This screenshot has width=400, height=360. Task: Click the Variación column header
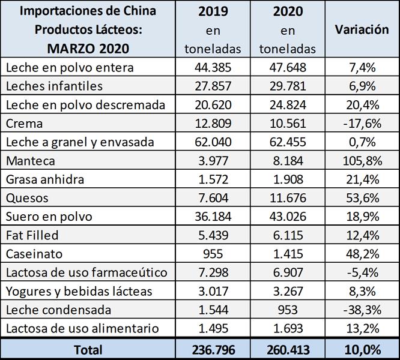[x=362, y=30]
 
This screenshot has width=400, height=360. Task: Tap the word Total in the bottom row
[x=88, y=349]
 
